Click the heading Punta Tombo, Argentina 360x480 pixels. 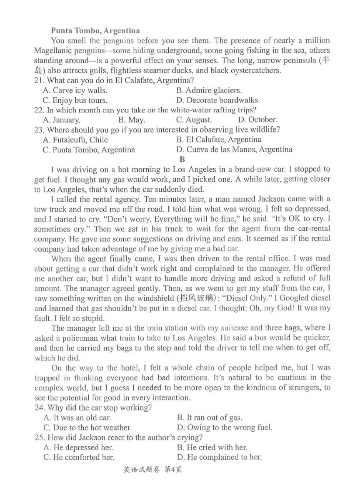pyautogui.click(x=95, y=30)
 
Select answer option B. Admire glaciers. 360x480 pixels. pyautogui.click(x=209, y=90)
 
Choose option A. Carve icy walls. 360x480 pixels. pyautogui.click(x=75, y=90)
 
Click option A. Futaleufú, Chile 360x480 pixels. pyautogui.click(x=75, y=140)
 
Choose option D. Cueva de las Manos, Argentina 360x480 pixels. pyautogui.click(x=234, y=149)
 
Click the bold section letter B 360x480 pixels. pyautogui.click(x=181, y=159)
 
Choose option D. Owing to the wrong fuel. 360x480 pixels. pyautogui.click(x=224, y=427)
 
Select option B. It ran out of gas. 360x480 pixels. pyautogui.click(x=209, y=417)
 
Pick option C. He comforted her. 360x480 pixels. pyautogui.click(x=78, y=457)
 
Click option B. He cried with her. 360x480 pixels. pyautogui.click(x=212, y=447)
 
